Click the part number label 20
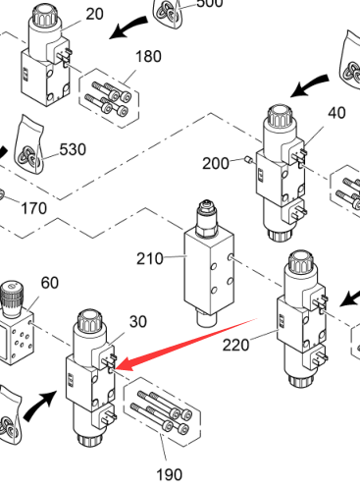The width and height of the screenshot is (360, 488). (95, 14)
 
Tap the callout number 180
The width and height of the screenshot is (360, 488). (148, 56)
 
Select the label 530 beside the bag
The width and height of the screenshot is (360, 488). (73, 149)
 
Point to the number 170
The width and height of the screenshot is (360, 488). (33, 208)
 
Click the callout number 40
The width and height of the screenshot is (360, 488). (336, 113)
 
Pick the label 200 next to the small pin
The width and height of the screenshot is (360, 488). (216, 163)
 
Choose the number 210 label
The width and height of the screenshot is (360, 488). (150, 259)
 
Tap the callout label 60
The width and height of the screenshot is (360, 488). (50, 283)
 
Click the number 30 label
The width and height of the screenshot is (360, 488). (138, 322)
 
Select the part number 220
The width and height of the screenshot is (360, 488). (235, 345)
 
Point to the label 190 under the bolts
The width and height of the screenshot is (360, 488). (169, 474)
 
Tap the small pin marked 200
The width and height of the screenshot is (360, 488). (248, 160)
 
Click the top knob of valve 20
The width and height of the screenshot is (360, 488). (45, 15)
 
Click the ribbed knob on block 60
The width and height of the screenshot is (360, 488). (12, 298)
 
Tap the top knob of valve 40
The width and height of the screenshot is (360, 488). (280, 116)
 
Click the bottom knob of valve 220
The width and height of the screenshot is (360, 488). (301, 380)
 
